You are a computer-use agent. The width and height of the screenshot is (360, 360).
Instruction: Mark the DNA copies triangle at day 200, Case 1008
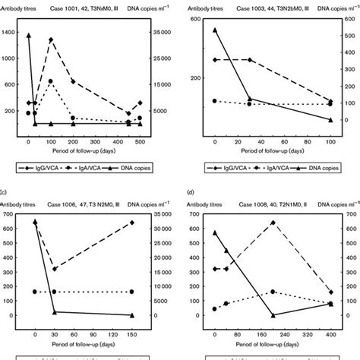pos(273,314)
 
